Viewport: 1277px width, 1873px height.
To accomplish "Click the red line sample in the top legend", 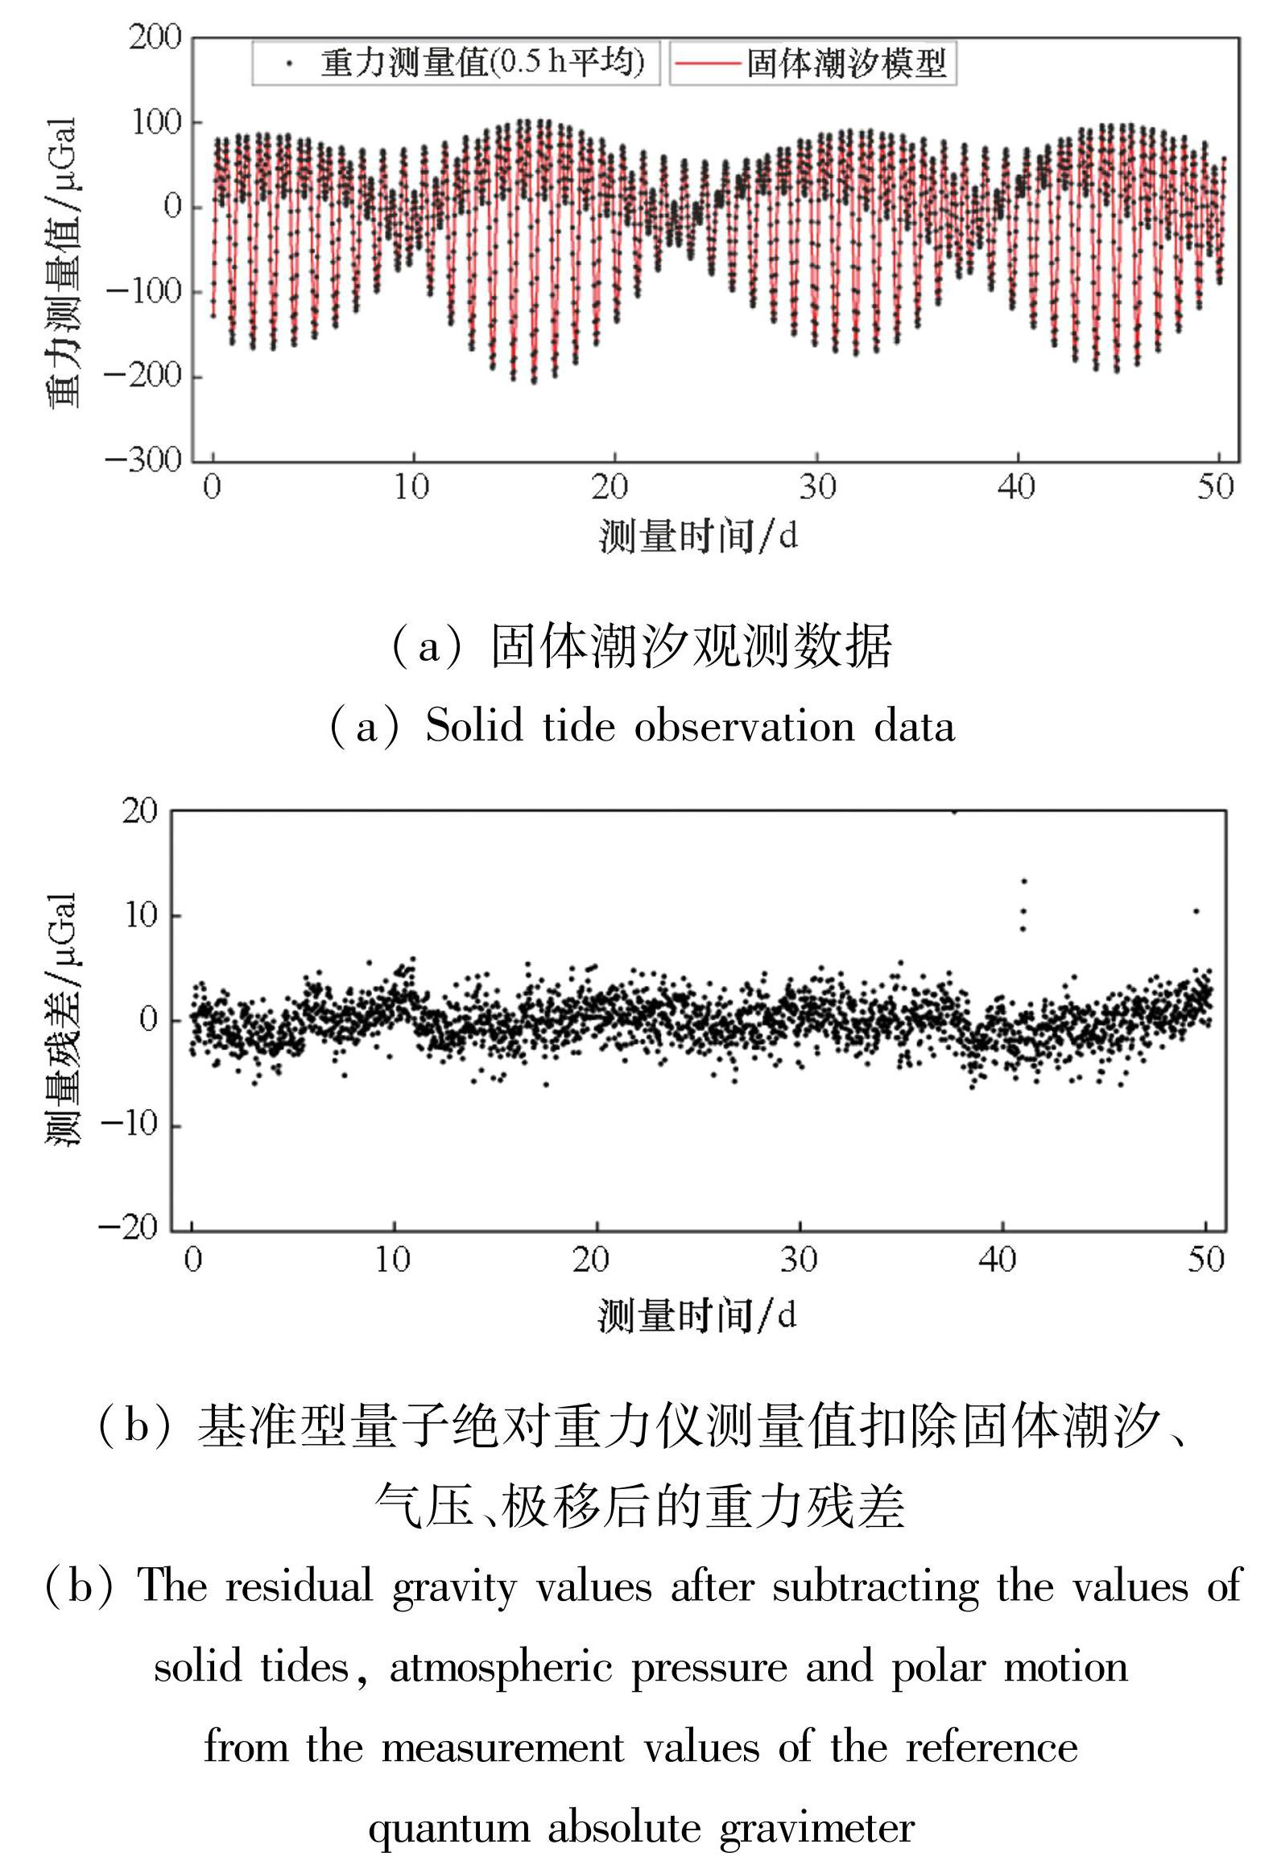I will point(707,63).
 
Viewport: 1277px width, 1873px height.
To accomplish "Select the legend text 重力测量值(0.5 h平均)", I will point(482,62).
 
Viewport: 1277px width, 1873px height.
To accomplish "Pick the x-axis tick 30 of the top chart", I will point(816,486).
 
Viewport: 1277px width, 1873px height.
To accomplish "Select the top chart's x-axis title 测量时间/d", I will point(698,536).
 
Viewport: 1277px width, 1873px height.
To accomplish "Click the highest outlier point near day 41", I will point(1023,881).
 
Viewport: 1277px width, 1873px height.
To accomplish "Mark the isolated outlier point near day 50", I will point(1196,911).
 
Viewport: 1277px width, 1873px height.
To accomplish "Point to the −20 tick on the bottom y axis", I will point(128,1227).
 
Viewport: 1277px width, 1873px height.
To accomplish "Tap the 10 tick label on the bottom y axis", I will point(139,915).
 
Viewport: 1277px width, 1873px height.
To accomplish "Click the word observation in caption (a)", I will point(745,727).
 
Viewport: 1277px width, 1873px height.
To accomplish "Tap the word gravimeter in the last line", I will point(816,1826).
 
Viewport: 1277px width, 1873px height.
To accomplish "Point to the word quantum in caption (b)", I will point(448,1826).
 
